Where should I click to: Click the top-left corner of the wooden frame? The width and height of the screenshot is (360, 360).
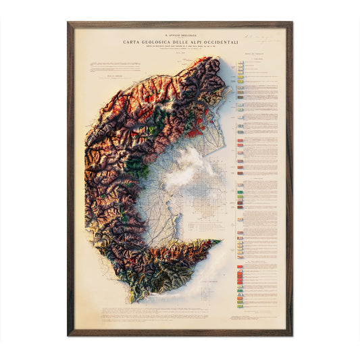(x=69, y=23)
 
